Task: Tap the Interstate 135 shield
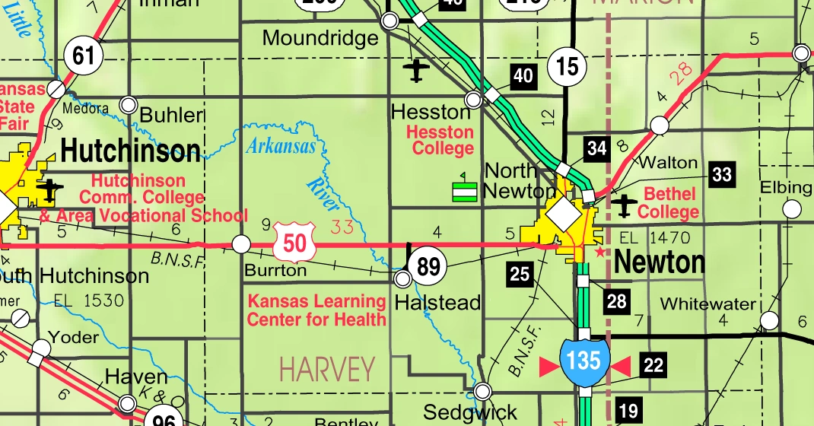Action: pyautogui.click(x=584, y=360)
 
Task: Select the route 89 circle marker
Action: pyautogui.click(x=428, y=266)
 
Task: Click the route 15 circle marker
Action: pyautogui.click(x=568, y=67)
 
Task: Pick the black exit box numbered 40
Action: pyautogui.click(x=523, y=75)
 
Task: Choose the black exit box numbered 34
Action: pyautogui.click(x=597, y=148)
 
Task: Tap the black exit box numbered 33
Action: pyautogui.click(x=721, y=175)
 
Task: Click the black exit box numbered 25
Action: pyautogui.click(x=520, y=274)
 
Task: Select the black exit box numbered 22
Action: pyautogui.click(x=653, y=366)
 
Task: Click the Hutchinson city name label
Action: pyautogui.click(x=131, y=151)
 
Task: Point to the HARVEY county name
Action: pyautogui.click(x=327, y=369)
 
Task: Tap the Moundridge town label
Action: pyautogui.click(x=320, y=38)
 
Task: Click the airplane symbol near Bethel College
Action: pyautogui.click(x=625, y=205)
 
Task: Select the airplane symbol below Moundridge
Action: pyautogui.click(x=416, y=70)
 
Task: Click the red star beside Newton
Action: pyautogui.click(x=600, y=251)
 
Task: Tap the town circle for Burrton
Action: pyautogui.click(x=241, y=244)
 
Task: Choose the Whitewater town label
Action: pyautogui.click(x=708, y=304)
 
